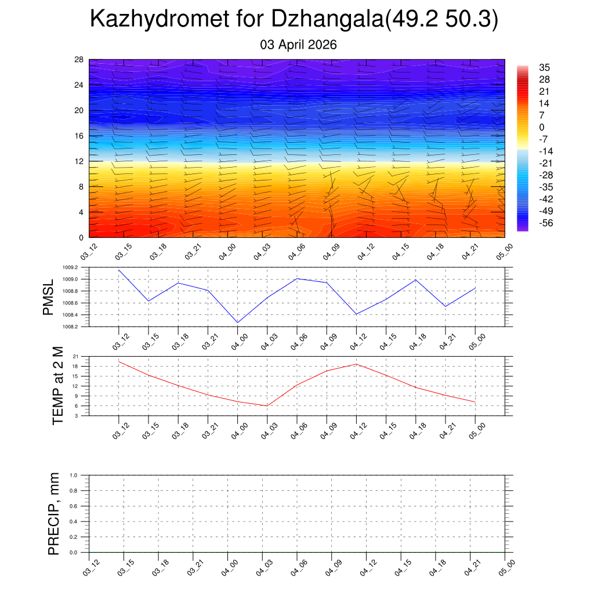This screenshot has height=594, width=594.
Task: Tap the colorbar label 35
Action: coord(544,67)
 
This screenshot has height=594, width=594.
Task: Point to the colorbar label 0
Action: coord(542,128)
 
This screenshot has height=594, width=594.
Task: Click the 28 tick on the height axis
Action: coord(79,60)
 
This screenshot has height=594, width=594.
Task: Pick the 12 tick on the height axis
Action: coord(79,161)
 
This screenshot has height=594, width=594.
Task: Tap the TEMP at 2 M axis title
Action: coord(57,385)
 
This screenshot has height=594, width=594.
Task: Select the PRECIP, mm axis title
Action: coord(53,514)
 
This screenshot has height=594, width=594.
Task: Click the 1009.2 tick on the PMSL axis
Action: coord(75,268)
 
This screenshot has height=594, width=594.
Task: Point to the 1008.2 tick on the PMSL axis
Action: coord(75,327)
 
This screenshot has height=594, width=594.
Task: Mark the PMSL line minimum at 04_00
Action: coord(238,323)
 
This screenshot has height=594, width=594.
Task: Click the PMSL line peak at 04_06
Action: coord(297,278)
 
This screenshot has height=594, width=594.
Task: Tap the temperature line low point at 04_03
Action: coord(267,406)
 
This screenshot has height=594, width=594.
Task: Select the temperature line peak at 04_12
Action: coord(356,364)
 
